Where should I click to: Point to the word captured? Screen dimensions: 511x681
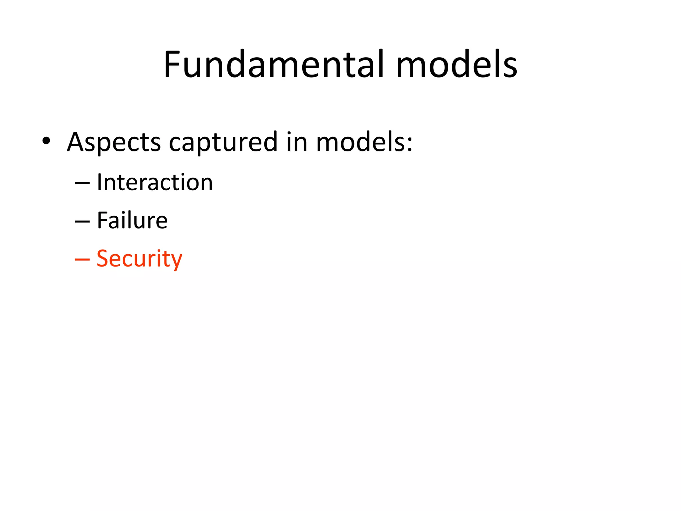click(223, 142)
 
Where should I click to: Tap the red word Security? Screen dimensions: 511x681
click(139, 259)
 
